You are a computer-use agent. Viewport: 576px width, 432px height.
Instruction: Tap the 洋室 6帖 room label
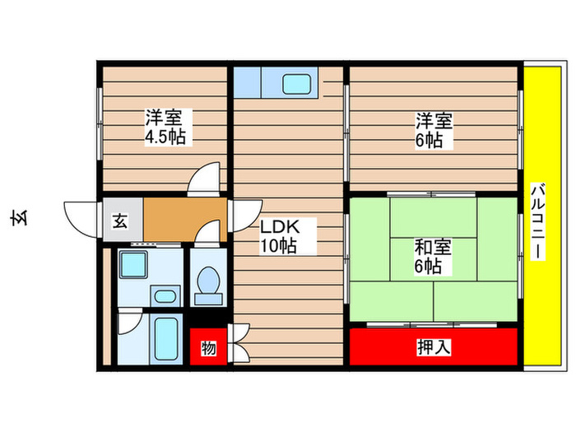coord(431,130)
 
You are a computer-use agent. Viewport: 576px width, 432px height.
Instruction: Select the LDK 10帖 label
coord(278,235)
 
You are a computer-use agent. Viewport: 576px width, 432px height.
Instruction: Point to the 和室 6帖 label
coord(431,256)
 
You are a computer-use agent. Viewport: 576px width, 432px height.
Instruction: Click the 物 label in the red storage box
coord(208,349)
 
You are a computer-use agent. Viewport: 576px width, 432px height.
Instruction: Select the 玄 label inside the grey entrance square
coord(120,221)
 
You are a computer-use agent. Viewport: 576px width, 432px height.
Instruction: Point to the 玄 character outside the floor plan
coord(18,219)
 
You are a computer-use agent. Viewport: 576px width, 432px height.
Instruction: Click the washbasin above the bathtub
coord(165,295)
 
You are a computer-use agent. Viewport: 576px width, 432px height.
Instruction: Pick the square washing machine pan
coord(132,265)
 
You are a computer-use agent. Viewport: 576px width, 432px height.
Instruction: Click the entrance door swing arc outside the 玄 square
coord(82,217)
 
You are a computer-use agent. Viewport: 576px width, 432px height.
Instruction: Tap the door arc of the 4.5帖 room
coord(206,179)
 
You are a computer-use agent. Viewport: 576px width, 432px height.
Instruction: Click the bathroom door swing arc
coord(129,320)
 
